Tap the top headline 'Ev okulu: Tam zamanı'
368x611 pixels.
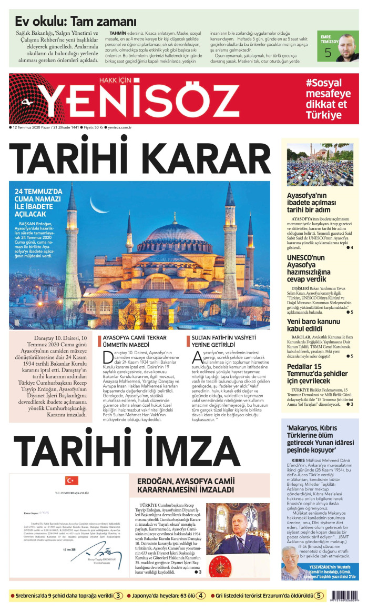[x=76, y=22]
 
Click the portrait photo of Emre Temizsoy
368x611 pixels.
[x=347, y=48]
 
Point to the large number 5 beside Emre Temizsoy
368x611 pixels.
[x=328, y=53]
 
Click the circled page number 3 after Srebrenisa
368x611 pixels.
[x=119, y=596]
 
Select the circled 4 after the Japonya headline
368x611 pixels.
[x=200, y=596]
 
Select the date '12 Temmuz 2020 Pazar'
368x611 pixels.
[x=32, y=127]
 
